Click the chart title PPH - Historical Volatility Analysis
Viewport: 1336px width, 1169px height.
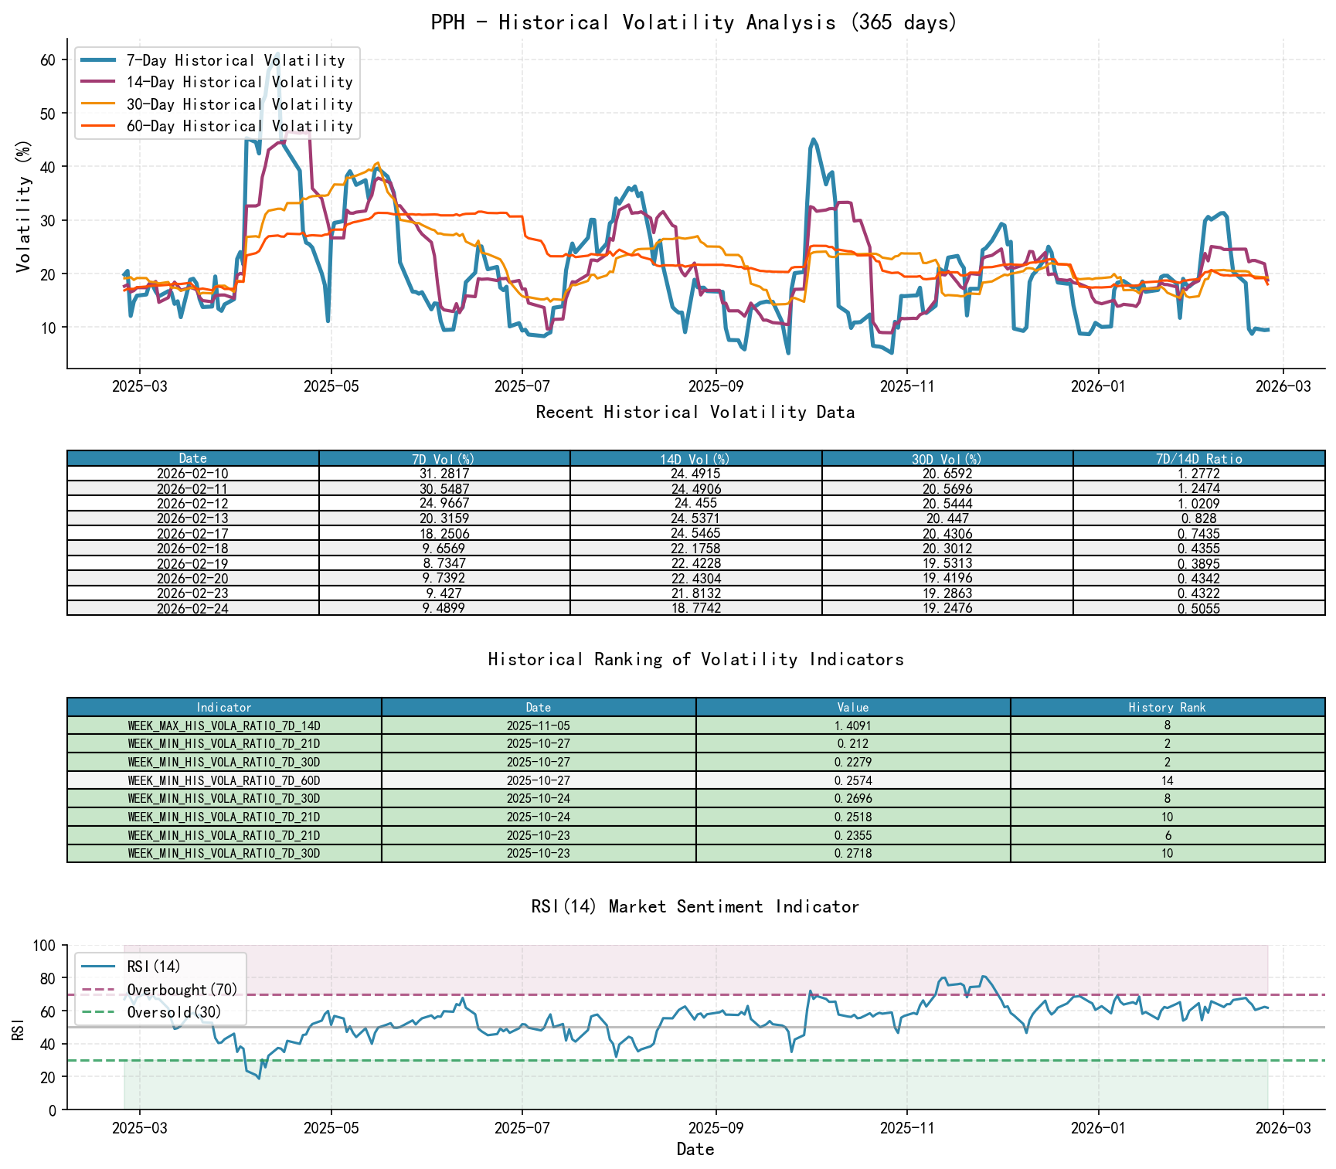coord(694,22)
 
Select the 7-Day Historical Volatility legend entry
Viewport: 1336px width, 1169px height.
coord(235,60)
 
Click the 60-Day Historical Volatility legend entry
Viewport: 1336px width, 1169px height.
coord(239,126)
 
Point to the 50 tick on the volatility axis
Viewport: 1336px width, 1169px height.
coord(48,114)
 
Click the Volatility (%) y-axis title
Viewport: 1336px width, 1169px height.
coord(23,206)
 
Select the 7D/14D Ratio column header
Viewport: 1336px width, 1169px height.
coord(1198,459)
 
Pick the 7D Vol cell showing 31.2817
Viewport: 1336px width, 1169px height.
coord(444,474)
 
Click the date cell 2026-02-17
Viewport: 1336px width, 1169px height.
coord(192,533)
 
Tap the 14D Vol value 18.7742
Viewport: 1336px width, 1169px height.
coord(695,608)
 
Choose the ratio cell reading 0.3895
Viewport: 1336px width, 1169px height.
coord(1198,563)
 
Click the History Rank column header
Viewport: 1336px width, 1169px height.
coord(1167,707)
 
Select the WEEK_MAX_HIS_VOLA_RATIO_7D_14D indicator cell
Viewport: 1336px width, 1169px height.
coord(224,726)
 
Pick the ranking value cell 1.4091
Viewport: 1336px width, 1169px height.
coord(853,726)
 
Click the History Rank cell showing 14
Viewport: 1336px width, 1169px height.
coord(1167,780)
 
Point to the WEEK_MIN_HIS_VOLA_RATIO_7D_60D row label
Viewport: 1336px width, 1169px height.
coord(224,780)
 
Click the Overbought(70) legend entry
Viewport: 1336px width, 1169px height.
coord(182,990)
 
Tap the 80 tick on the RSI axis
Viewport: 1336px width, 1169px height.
coord(48,978)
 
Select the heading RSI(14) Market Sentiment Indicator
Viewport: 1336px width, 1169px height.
coord(695,906)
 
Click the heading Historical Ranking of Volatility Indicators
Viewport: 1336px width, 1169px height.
coord(695,659)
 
